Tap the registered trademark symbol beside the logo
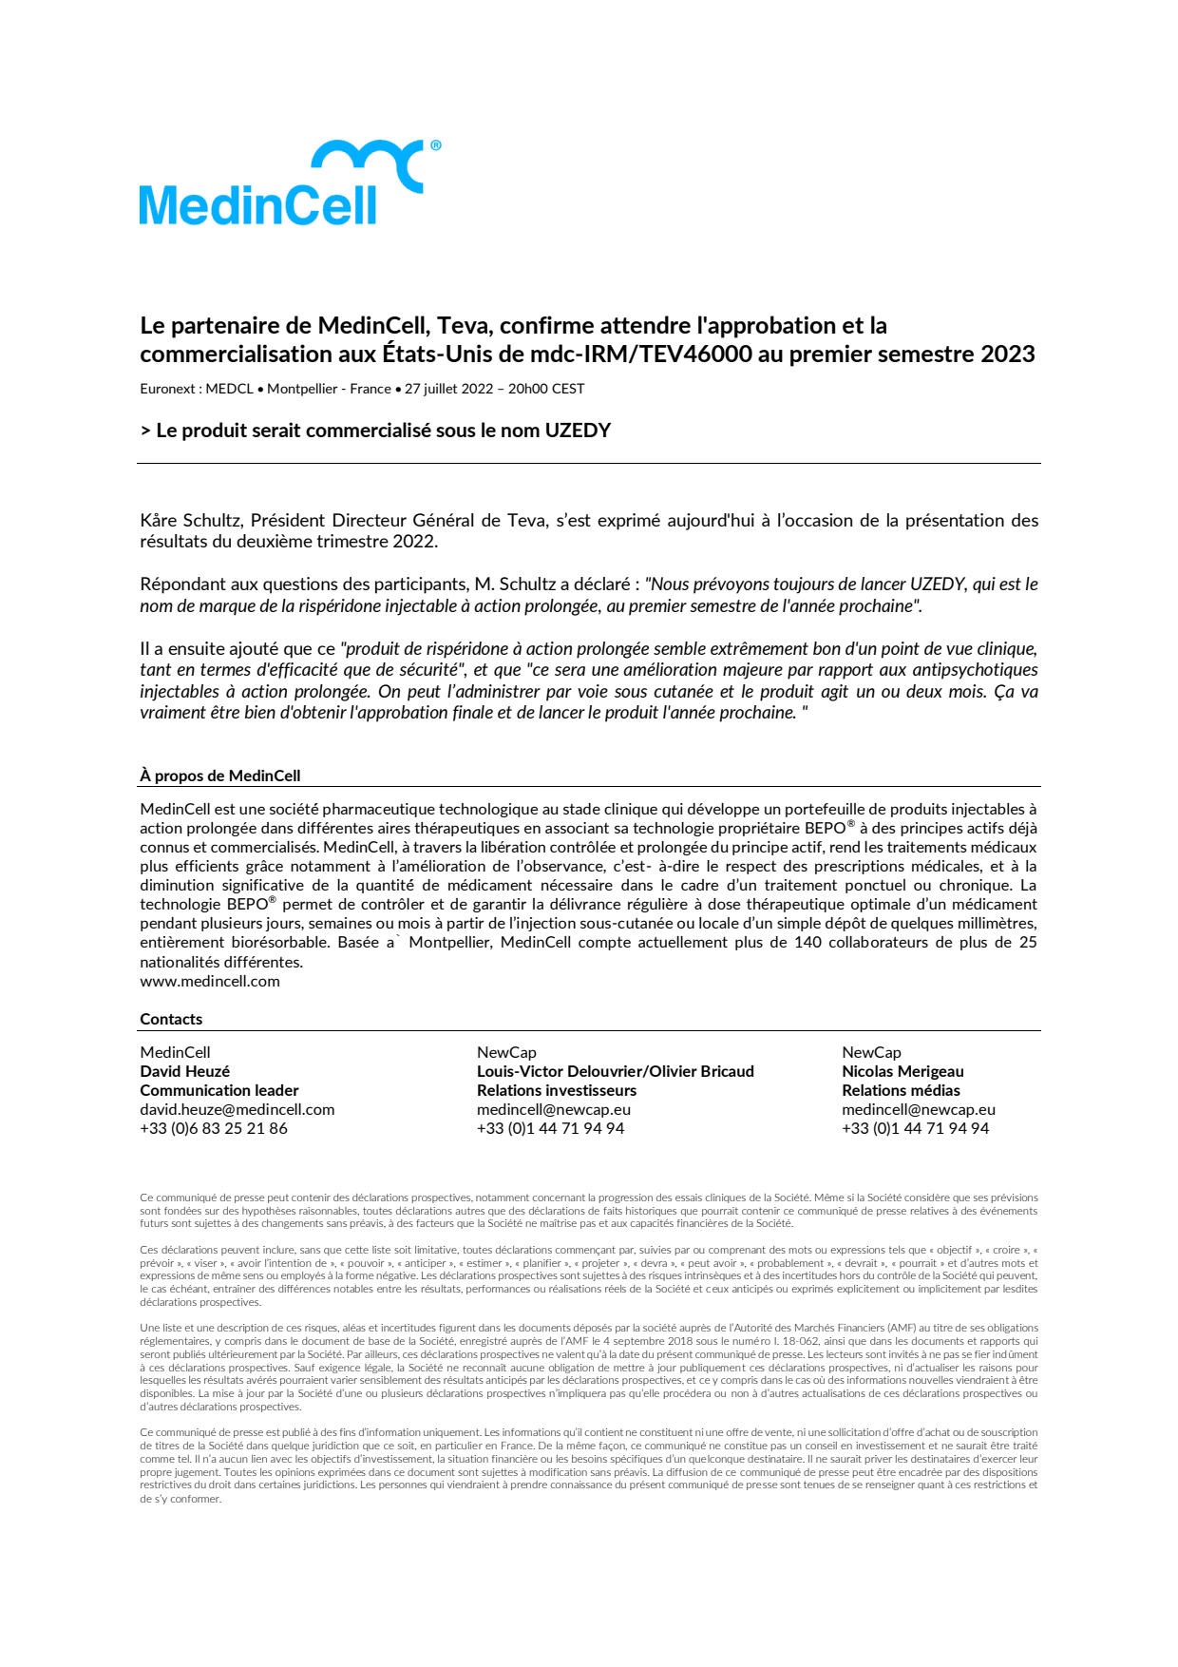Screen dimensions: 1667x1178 pos(436,145)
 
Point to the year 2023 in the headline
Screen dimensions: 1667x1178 pos(1007,354)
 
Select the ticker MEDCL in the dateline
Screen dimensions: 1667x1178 pos(230,389)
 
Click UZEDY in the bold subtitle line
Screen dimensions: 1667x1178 pos(578,431)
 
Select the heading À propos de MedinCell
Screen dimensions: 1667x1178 pos(219,776)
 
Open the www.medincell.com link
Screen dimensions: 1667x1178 pos(210,981)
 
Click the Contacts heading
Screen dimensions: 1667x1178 pos(171,1019)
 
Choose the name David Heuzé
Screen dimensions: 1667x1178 pos(184,1071)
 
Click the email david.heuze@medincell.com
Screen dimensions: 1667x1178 pos(237,1109)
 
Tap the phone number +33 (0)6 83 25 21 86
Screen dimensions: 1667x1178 pos(214,1128)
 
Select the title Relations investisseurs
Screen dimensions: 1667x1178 pos(556,1090)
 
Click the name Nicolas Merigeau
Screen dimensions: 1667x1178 pos(902,1071)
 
